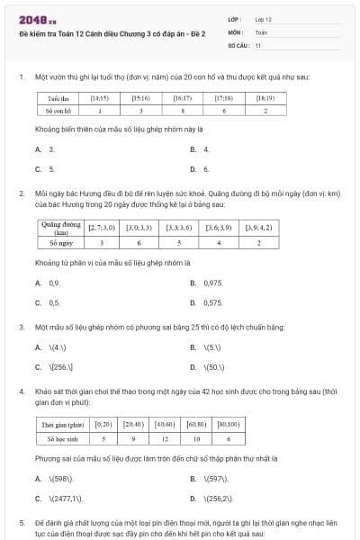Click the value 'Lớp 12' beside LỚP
[263, 19]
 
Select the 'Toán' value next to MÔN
[261, 31]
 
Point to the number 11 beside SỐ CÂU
[258, 44]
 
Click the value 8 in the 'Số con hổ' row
[183, 110]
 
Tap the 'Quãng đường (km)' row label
[61, 228]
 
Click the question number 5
[21, 523]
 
